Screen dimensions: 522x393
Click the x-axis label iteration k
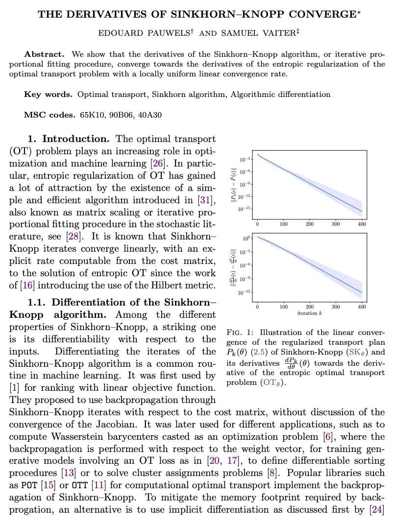click(310, 313)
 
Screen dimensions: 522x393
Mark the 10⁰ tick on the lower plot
click(247, 238)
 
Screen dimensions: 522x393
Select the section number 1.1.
click(37, 303)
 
